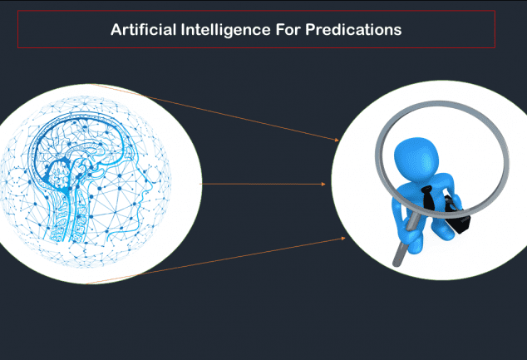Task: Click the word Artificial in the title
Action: (144, 30)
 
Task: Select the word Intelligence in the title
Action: (225, 30)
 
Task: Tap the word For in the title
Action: (288, 30)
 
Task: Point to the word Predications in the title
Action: (353, 30)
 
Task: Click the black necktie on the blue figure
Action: (429, 198)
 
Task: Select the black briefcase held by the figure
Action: (458, 215)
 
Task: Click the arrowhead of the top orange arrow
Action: (337, 140)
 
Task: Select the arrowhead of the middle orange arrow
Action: (323, 185)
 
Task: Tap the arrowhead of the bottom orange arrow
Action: (343, 239)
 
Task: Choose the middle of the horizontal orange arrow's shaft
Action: (261, 185)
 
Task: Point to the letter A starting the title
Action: (116, 30)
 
